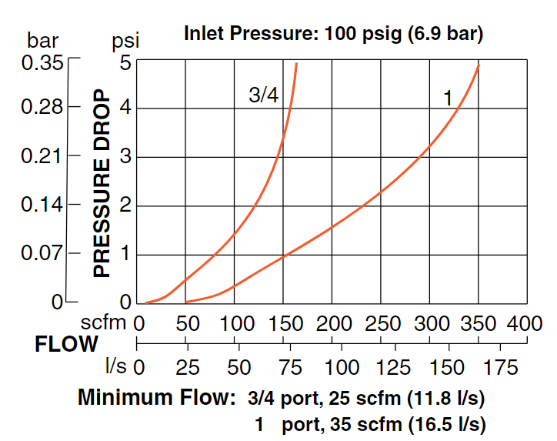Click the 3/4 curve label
[x=264, y=95]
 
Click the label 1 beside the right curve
[x=447, y=99]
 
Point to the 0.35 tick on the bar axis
[x=42, y=63]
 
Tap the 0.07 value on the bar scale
[x=42, y=252]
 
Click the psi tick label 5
[x=125, y=63]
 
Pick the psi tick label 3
[x=125, y=157]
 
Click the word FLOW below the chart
[x=67, y=344]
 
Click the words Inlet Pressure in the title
[x=242, y=35]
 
